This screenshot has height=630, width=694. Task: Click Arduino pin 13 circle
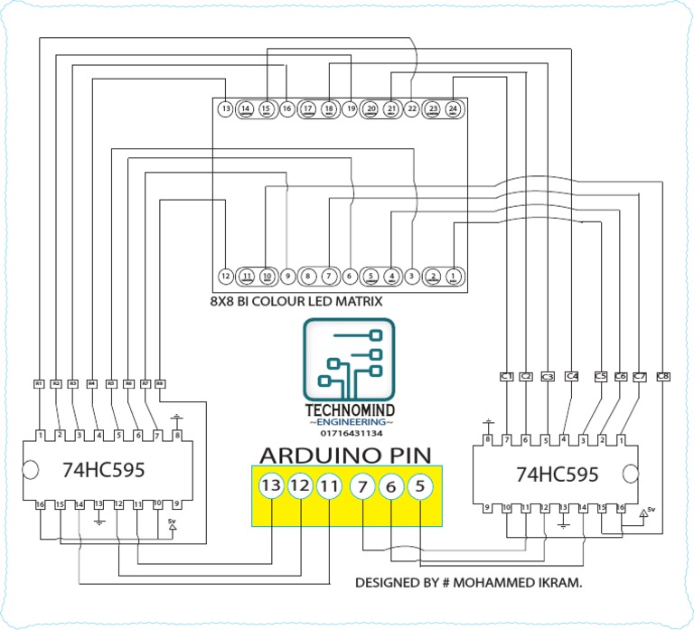[x=271, y=486]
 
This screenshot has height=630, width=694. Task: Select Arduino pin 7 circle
[x=361, y=486]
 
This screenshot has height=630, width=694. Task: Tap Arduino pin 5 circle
[x=420, y=486]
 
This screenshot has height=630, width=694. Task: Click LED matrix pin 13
[x=226, y=109]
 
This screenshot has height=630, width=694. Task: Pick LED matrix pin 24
[x=453, y=109]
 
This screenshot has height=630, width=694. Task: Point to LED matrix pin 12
[x=226, y=275]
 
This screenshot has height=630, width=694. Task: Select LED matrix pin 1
[x=453, y=275]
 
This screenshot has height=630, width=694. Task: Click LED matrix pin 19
[x=350, y=109]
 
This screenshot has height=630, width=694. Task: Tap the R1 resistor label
[x=39, y=384]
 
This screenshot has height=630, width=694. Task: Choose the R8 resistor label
[x=160, y=384]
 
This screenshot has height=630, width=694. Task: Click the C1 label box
[x=506, y=375]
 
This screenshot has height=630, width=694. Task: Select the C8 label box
[x=663, y=375]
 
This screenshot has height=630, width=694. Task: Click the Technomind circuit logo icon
[x=350, y=360]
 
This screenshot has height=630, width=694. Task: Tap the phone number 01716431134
[x=351, y=433]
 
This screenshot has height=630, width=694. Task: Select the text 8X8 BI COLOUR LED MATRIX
[x=296, y=301]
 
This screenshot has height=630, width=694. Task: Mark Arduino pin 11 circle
[x=330, y=486]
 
